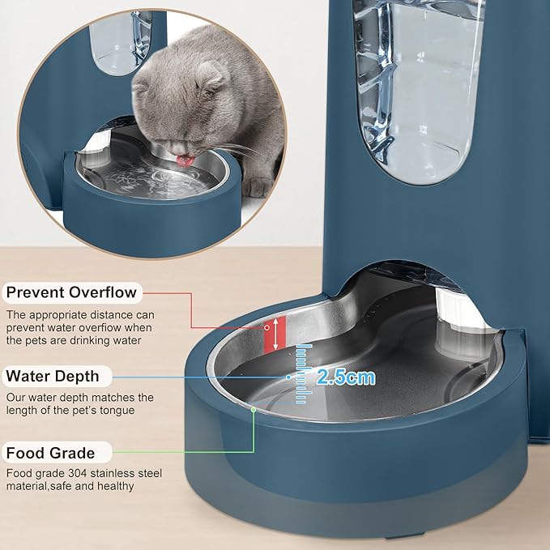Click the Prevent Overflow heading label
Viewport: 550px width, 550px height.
(x=72, y=292)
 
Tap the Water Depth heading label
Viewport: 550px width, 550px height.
(x=53, y=376)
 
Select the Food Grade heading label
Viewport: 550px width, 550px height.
(x=51, y=453)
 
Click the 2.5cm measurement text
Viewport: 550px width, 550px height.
(x=346, y=377)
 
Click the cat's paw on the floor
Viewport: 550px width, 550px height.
(x=258, y=186)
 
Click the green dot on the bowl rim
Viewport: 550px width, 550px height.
(x=254, y=410)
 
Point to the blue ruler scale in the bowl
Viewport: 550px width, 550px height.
(x=303, y=373)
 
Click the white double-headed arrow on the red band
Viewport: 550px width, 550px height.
(x=276, y=334)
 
